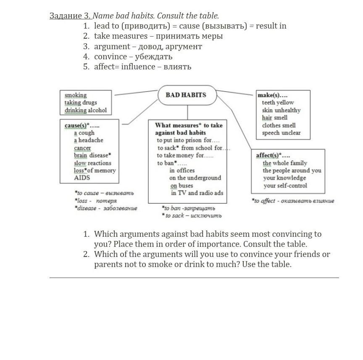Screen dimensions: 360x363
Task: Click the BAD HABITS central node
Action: click(186, 95)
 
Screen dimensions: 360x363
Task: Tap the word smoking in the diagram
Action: click(76, 95)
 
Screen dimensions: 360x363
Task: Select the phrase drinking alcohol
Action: click(86, 110)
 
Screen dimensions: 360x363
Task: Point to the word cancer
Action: click(82, 148)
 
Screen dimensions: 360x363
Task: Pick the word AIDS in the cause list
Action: click(82, 177)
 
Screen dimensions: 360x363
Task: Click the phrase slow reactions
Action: click(92, 163)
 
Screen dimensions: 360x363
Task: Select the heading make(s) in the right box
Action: click(272, 95)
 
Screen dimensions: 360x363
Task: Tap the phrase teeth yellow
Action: click(278, 103)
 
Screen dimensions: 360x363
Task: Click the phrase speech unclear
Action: click(281, 133)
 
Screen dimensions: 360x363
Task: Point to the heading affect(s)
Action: click(273, 155)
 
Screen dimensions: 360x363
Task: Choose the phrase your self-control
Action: click(285, 185)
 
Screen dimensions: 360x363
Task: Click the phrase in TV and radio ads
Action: click(197, 193)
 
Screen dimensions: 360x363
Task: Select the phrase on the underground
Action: click(195, 178)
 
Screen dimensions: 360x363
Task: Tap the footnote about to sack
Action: click(192, 216)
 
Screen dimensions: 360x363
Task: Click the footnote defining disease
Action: click(106, 208)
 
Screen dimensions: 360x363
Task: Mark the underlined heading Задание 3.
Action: click(70, 16)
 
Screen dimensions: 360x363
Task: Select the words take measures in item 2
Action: click(121, 36)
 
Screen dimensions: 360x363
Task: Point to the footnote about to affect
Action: click(293, 201)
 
